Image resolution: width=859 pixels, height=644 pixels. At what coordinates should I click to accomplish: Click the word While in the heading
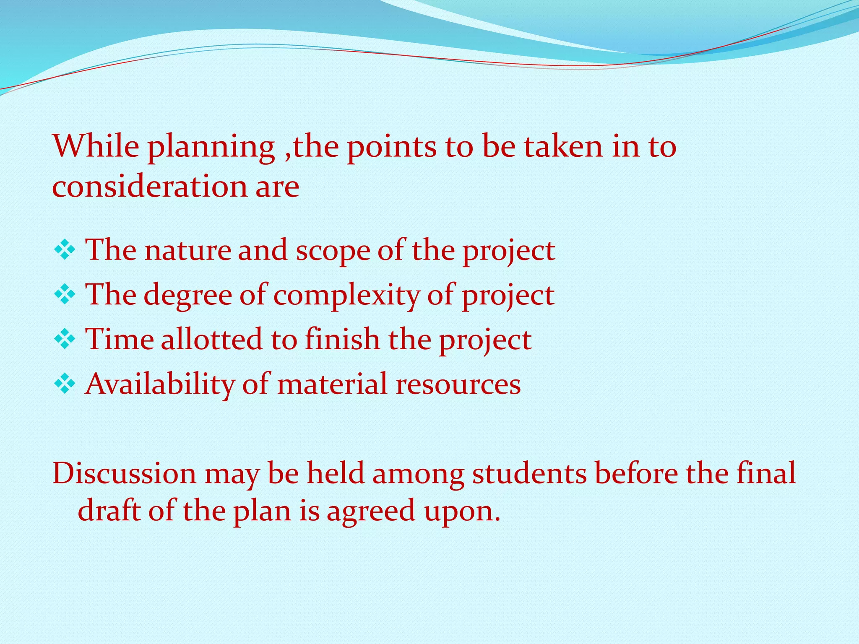(96, 146)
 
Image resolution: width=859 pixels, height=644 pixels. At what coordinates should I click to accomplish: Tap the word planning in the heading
(211, 148)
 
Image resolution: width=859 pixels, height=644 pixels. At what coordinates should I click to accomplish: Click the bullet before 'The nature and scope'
(65, 250)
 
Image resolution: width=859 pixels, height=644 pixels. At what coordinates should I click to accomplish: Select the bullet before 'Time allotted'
(65, 339)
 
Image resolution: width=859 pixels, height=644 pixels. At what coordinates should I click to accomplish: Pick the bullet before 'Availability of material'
(65, 384)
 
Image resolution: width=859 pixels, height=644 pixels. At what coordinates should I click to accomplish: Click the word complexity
(346, 296)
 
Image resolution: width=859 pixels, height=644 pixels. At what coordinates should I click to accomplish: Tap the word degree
(187, 296)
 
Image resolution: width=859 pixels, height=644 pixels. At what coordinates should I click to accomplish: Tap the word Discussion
(124, 473)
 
